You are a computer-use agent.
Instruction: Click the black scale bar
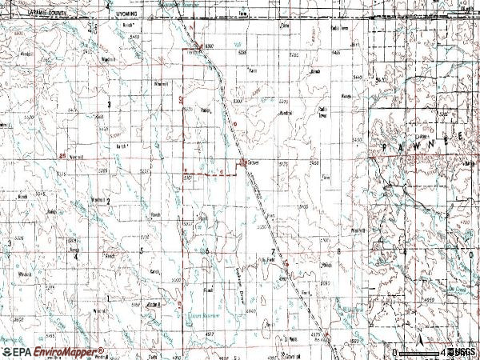(x=419, y=351)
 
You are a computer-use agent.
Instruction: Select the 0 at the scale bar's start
(x=394, y=351)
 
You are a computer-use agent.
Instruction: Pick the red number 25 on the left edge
(x=63, y=155)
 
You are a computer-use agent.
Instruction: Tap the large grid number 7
(x=273, y=252)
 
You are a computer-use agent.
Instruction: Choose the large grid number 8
(x=339, y=251)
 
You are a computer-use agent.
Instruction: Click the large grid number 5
(x=141, y=250)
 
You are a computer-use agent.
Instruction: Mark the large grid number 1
(x=107, y=298)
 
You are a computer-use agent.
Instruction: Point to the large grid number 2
(x=107, y=202)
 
